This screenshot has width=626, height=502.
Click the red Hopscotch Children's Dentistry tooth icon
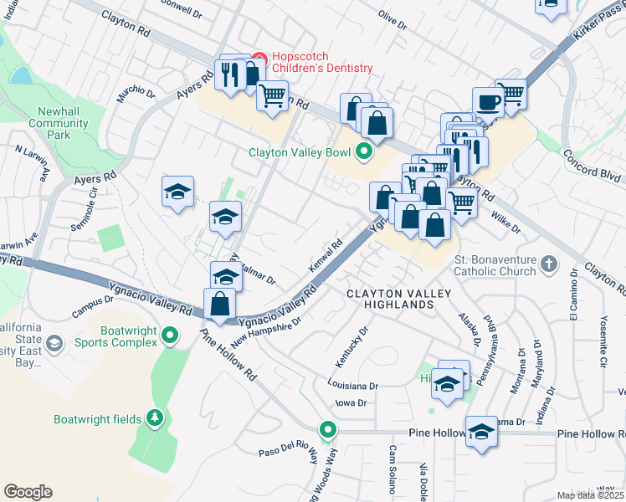259,59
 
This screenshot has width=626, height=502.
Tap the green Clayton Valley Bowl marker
363,152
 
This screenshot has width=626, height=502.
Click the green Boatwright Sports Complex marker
170,336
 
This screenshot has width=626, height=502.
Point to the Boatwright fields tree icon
153,417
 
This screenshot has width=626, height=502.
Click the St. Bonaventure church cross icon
548,264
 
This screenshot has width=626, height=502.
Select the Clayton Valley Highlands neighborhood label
399,299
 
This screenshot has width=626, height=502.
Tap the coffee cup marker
487,102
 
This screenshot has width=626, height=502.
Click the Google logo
28,491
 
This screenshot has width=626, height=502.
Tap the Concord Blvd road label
593,164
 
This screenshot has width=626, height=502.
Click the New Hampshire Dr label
266,329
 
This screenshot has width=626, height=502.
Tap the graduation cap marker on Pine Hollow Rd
481,432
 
